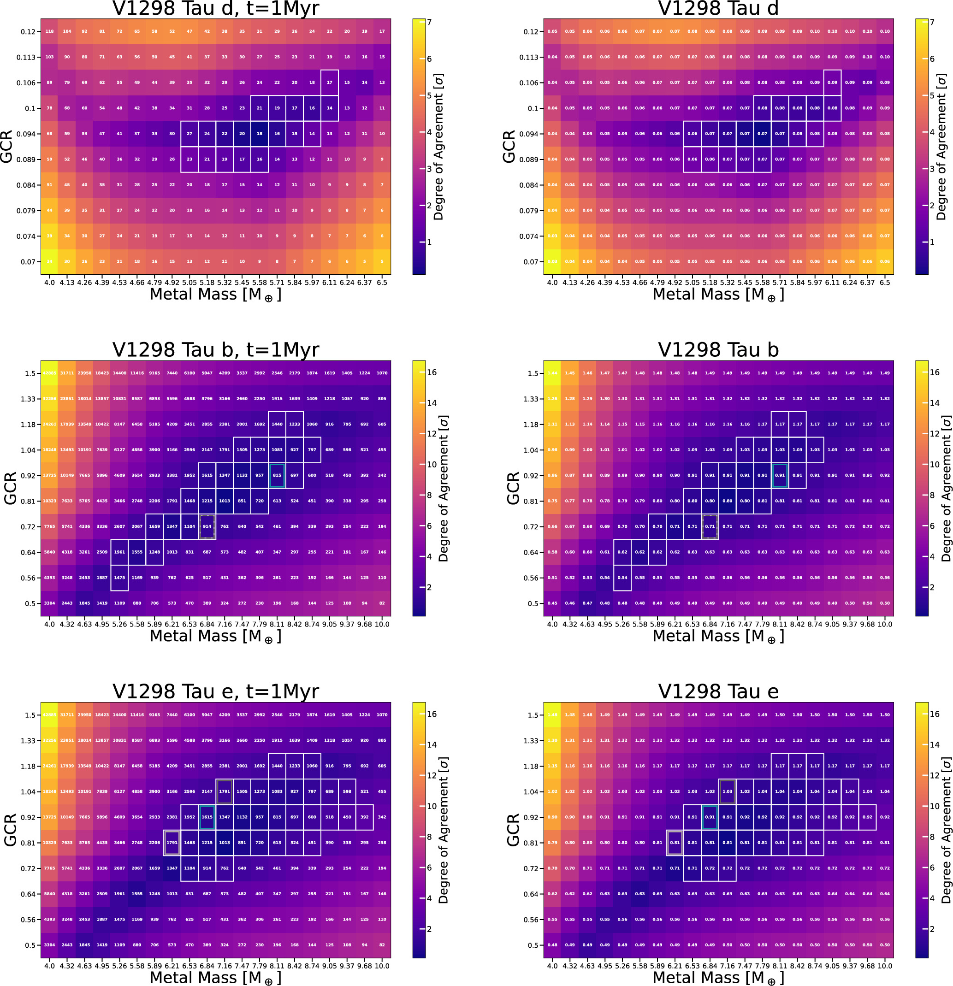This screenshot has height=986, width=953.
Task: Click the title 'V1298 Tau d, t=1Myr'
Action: (x=215, y=9)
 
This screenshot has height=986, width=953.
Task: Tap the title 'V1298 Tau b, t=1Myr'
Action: (x=215, y=349)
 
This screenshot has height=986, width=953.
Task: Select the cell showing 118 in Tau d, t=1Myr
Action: (x=49, y=31)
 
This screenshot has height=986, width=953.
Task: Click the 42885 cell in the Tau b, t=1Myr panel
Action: (x=49, y=373)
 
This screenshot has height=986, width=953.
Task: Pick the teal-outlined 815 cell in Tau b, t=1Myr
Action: (x=277, y=475)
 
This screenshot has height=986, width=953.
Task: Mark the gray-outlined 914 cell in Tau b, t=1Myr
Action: (x=207, y=527)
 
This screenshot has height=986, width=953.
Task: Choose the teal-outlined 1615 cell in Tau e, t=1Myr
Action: (x=207, y=817)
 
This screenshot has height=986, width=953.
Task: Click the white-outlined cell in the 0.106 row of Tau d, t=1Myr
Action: (x=330, y=83)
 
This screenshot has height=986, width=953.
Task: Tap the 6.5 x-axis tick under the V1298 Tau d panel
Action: (x=885, y=283)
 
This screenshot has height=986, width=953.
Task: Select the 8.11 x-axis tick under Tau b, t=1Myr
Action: (x=277, y=624)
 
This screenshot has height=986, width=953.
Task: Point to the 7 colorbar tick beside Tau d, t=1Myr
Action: (x=429, y=22)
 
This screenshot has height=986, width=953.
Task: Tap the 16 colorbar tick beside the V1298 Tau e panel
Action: (x=935, y=714)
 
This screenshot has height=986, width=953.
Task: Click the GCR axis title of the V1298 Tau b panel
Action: (x=513, y=488)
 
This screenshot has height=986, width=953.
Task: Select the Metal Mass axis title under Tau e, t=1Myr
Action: (x=215, y=977)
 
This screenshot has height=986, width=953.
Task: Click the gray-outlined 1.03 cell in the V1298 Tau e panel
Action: (x=727, y=791)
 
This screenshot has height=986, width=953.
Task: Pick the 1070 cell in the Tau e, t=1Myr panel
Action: (x=382, y=715)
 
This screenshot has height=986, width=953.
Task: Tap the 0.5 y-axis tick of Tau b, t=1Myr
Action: (x=30, y=603)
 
